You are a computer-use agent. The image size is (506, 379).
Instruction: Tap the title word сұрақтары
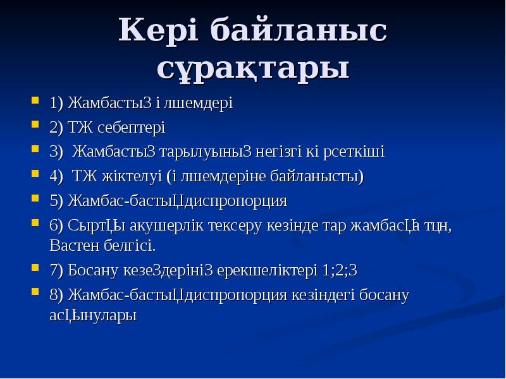click(253, 68)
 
